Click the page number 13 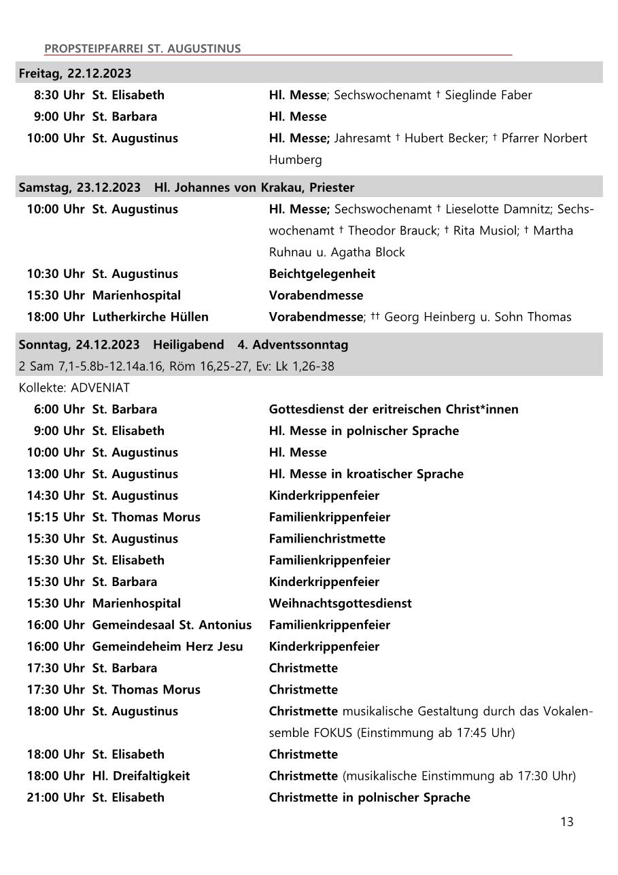pos(566,822)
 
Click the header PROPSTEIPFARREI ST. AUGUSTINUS pos(142,49)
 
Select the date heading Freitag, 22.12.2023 pos(75,73)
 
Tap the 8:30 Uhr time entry pos(59,95)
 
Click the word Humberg pos(295,160)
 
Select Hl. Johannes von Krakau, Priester pos(254,188)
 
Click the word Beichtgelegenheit pos(322,274)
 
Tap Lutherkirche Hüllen pos(150,318)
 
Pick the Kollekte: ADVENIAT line pos(74,388)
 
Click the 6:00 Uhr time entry pos(59,409)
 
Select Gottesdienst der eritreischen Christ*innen pos(393,409)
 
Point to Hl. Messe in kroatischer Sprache pos(366,474)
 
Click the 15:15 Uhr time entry pos(56,517)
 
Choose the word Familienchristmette pos(327,539)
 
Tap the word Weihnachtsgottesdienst pos(340,604)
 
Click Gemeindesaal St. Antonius pos(171,625)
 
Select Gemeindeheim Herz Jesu pos(167,647)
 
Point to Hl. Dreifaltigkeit pos(141,776)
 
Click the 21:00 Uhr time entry pos(56,798)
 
